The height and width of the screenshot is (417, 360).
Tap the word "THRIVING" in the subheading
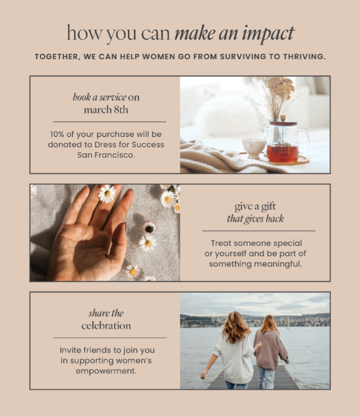click(304, 57)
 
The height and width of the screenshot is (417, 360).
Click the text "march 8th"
click(106, 109)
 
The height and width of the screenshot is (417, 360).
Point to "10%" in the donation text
click(57, 134)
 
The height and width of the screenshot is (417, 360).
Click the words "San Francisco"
click(106, 155)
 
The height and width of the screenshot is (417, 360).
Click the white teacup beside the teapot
click(254, 148)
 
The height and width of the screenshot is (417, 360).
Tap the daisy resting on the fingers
click(107, 193)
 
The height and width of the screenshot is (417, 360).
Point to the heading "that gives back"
click(256, 219)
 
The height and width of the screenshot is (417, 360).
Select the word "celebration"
click(106, 326)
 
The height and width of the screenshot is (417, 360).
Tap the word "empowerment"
click(105, 371)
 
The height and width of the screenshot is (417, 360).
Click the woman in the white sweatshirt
click(234, 351)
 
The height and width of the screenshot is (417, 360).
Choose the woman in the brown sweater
click(270, 351)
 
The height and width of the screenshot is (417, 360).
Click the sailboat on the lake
click(288, 323)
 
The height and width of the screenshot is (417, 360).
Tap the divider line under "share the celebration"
click(109, 338)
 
